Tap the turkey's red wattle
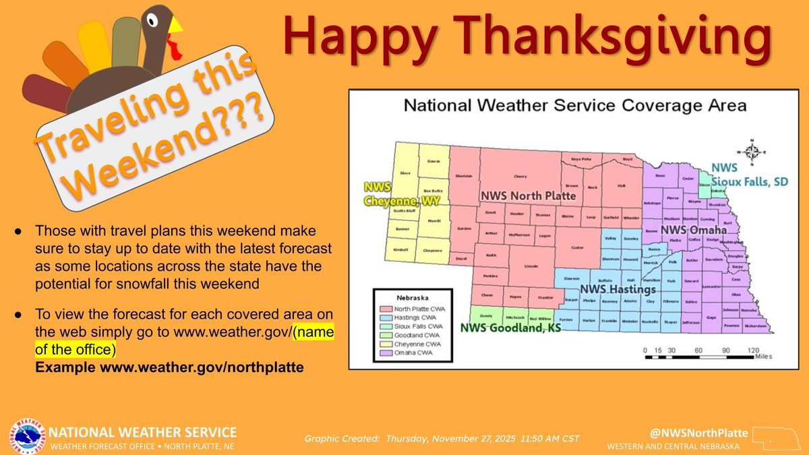tap(175, 48)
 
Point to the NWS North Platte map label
tap(528, 195)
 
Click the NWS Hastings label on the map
tap(623, 289)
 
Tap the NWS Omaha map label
tap(694, 231)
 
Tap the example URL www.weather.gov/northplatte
tap(169, 367)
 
